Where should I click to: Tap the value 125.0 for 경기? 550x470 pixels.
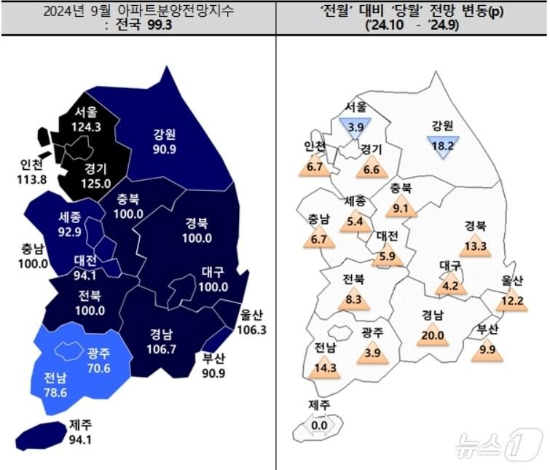(x=96, y=181)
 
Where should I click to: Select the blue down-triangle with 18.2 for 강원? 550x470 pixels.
(x=444, y=145)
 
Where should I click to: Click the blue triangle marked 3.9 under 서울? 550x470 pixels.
(x=355, y=126)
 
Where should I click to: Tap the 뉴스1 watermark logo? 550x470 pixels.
(x=499, y=443)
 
